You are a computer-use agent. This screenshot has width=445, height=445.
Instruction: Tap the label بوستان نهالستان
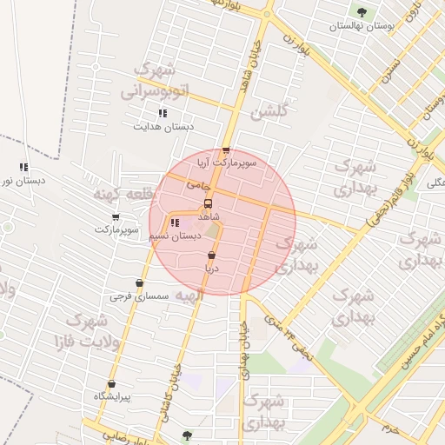tap(362, 27)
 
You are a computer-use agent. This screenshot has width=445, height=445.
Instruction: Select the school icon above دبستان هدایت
tap(162, 113)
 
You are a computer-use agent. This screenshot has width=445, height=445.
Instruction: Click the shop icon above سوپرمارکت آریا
tap(226, 150)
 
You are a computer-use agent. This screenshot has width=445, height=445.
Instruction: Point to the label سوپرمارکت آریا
tap(226, 163)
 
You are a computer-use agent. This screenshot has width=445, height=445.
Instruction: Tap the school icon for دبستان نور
tap(23, 168)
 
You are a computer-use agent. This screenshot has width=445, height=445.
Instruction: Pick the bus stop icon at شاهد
tap(207, 203)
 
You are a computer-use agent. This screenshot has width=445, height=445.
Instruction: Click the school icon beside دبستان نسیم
tap(176, 222)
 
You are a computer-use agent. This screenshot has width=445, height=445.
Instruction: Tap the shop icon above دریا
tap(211, 256)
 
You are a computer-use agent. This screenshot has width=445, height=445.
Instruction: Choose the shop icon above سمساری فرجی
tap(139, 283)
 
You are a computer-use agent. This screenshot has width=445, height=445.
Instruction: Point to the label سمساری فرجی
tap(139, 296)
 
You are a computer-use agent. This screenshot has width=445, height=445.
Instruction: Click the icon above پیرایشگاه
tap(111, 384)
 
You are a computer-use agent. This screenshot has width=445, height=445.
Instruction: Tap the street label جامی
tap(198, 185)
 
